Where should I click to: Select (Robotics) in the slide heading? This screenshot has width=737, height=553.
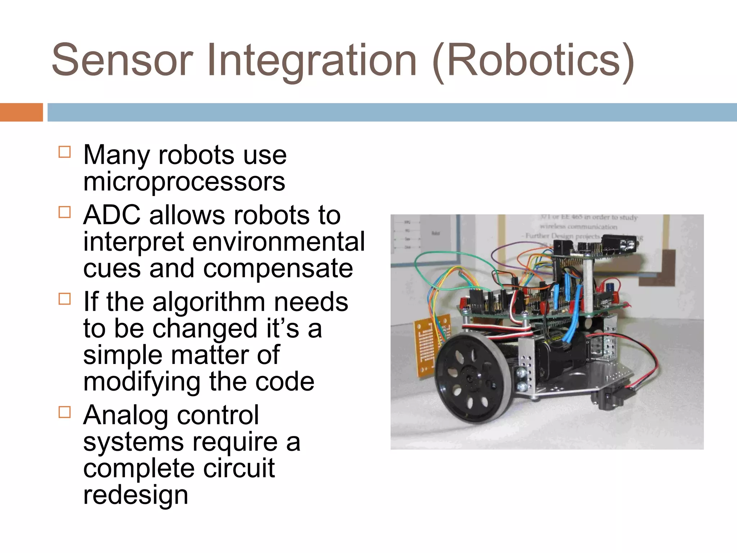coord(533,60)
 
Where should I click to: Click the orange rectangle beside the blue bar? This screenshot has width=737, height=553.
coord(21,112)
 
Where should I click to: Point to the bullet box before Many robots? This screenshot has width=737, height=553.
coord(64,152)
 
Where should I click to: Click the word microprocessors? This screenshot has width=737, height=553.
coord(184,181)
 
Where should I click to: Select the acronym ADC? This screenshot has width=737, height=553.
coord(112,215)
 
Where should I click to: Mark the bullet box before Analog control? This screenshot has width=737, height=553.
coord(64,412)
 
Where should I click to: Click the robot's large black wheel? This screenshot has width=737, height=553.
coord(468,378)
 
